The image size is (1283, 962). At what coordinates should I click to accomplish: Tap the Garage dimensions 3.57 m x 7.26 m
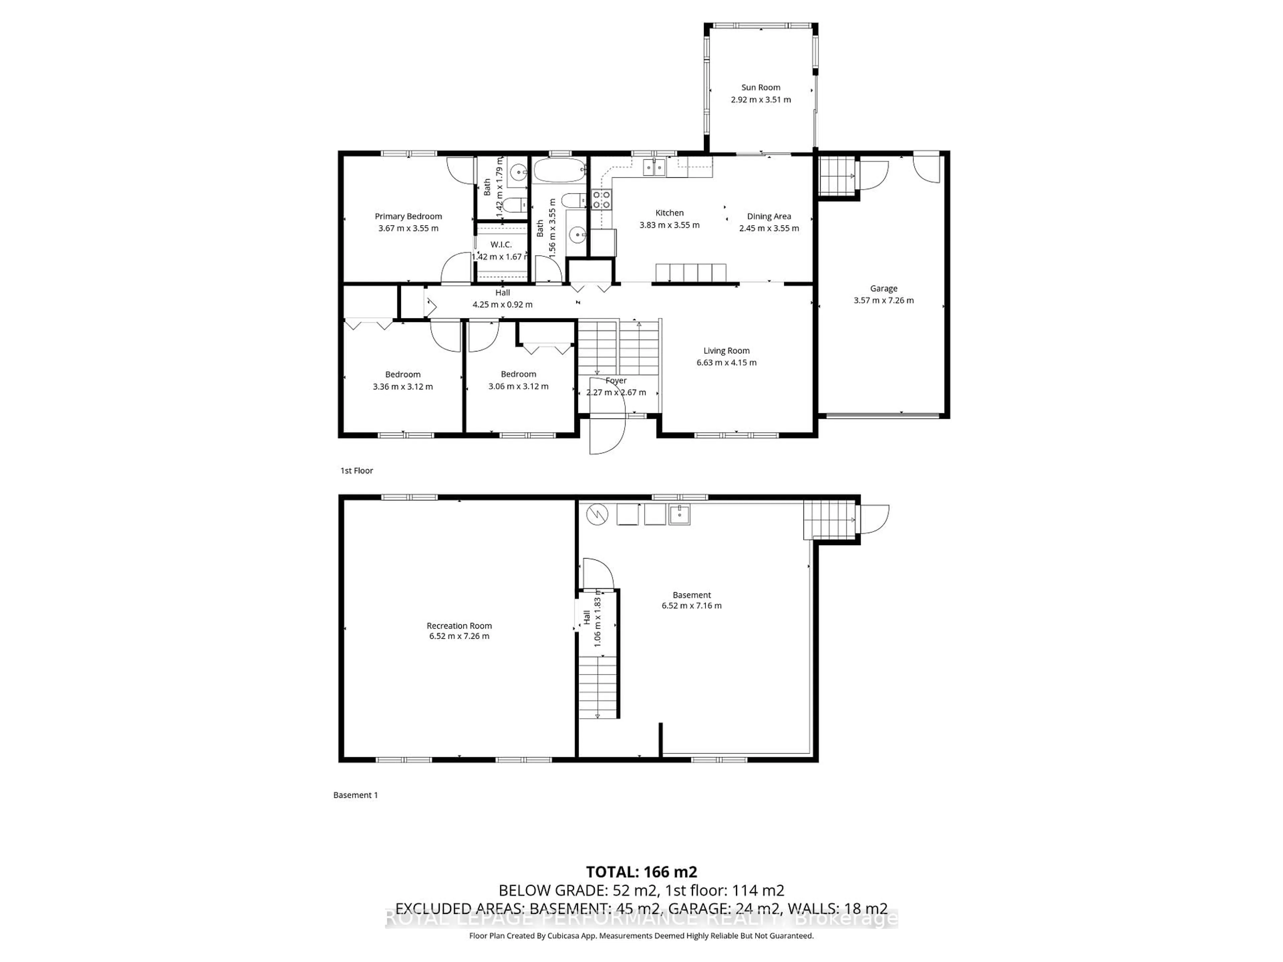tap(883, 300)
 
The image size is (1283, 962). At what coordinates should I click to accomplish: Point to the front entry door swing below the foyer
tap(607, 435)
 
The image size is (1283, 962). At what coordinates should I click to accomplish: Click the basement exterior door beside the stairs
tap(873, 519)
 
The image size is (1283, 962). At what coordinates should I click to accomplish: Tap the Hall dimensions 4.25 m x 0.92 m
tap(502, 304)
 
